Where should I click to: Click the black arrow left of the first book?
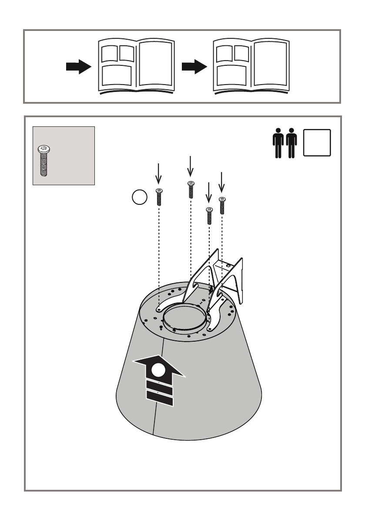coord(78,68)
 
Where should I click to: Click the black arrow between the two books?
coord(194,67)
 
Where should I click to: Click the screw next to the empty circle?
coord(159,197)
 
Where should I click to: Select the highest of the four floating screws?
coord(191,190)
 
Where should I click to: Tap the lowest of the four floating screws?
coord(209,215)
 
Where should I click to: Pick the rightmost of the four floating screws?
coord(222,206)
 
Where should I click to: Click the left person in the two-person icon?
coord(278,143)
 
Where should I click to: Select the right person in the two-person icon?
coord(291,143)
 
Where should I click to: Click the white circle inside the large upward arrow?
coord(159,371)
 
